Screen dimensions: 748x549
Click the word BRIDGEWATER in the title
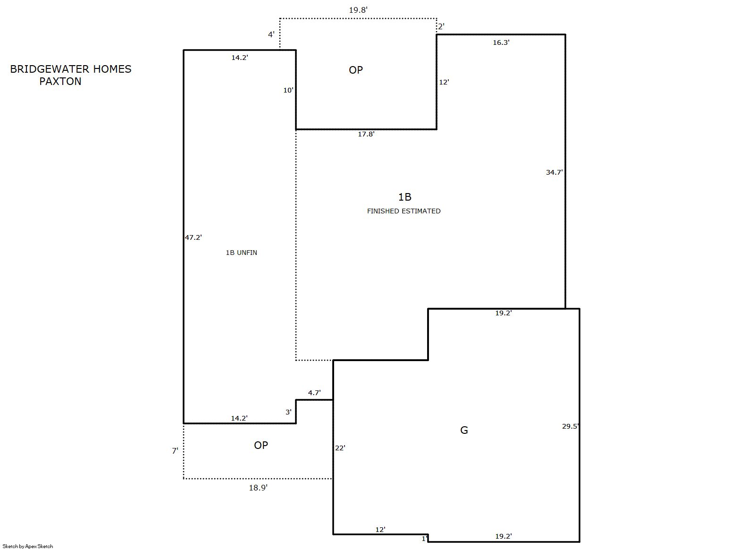pos(50,69)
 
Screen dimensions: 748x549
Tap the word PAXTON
pos(60,82)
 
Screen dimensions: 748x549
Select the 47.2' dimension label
pos(193,237)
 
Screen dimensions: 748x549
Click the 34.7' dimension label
pos(555,172)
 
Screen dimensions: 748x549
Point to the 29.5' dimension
pos(571,426)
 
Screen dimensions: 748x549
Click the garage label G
pos(464,430)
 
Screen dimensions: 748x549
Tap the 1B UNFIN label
pos(242,253)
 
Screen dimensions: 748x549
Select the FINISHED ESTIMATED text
pos(403,211)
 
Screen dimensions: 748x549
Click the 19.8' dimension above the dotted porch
pos(358,10)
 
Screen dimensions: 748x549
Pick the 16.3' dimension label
pos(501,42)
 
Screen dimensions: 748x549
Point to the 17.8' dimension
pos(366,134)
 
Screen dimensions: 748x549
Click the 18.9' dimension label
pos(258,488)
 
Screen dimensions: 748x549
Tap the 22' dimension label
pos(340,448)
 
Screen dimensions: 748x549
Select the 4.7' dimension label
pos(314,393)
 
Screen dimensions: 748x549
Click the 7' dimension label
pos(175,451)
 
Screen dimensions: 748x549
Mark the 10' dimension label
pos(288,90)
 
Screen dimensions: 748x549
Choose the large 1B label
pos(404,197)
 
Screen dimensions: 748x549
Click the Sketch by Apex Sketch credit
pos(28,546)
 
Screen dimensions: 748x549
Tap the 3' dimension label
pos(288,412)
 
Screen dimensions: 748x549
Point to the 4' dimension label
pos(271,34)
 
